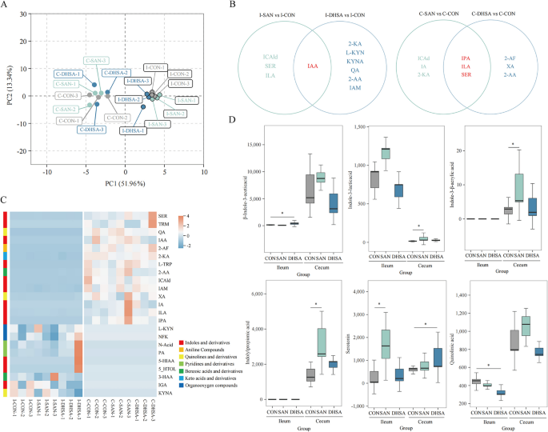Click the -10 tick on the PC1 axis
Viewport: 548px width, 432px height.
(47, 171)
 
